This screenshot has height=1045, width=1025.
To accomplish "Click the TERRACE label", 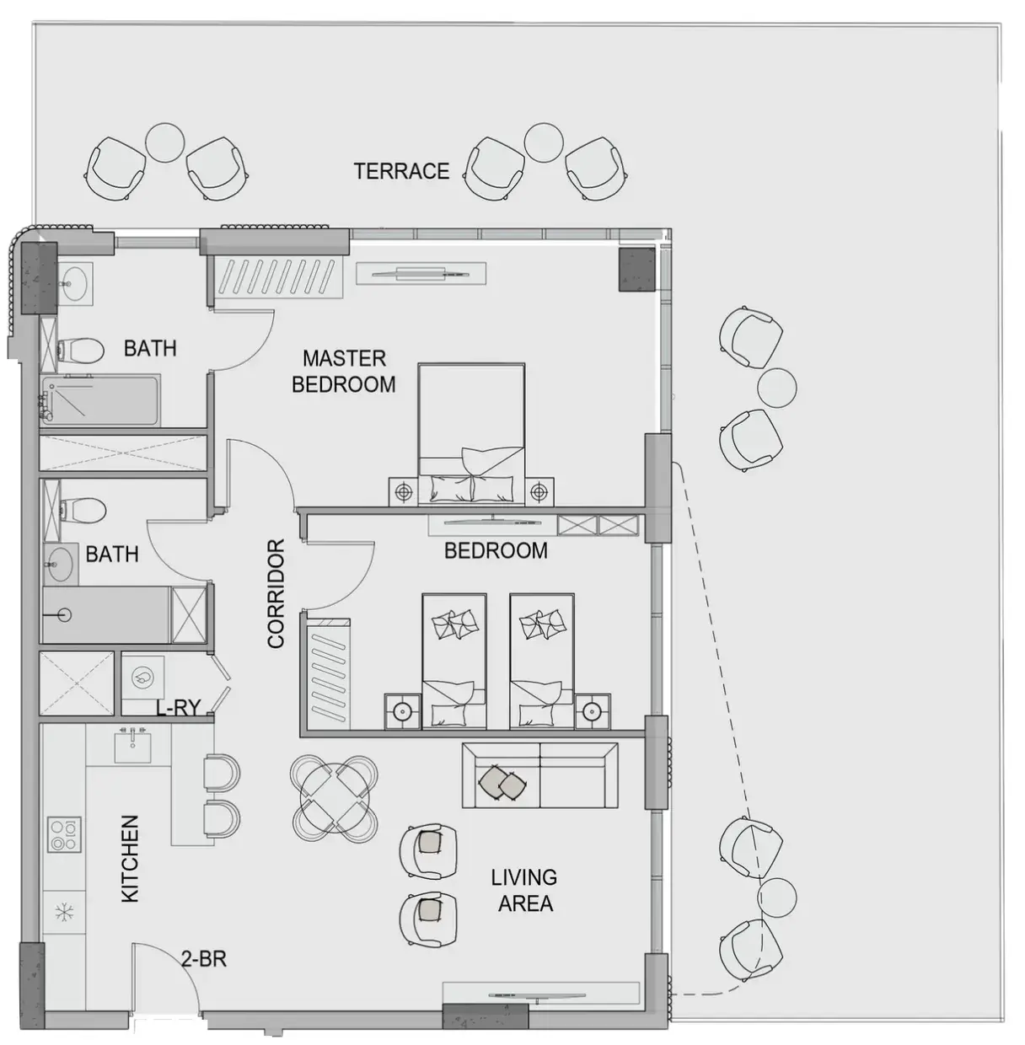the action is click(x=401, y=171).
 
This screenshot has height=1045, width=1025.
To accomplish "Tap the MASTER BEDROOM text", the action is click(x=344, y=372).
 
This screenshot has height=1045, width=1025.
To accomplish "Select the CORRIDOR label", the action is click(x=276, y=593).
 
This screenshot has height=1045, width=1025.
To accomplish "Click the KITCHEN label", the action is click(x=130, y=859).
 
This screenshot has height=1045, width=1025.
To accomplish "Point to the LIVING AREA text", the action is click(x=524, y=891).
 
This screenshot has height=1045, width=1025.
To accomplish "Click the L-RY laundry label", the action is click(x=179, y=708).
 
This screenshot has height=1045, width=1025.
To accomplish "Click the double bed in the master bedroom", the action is click(x=471, y=434).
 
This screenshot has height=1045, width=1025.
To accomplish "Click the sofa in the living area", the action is click(x=540, y=775).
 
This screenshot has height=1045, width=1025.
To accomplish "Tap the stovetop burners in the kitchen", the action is click(x=64, y=834).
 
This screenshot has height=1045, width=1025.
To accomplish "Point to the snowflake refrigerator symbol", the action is click(x=64, y=912).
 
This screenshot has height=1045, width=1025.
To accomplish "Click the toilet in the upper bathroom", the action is click(x=80, y=351).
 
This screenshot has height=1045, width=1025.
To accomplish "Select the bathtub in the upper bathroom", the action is click(x=100, y=402).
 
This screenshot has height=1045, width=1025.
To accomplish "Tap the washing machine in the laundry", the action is click(x=142, y=677).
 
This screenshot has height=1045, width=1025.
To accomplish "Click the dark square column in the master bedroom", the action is click(x=637, y=270).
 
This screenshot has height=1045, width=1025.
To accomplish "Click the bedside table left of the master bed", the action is click(x=403, y=492).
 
